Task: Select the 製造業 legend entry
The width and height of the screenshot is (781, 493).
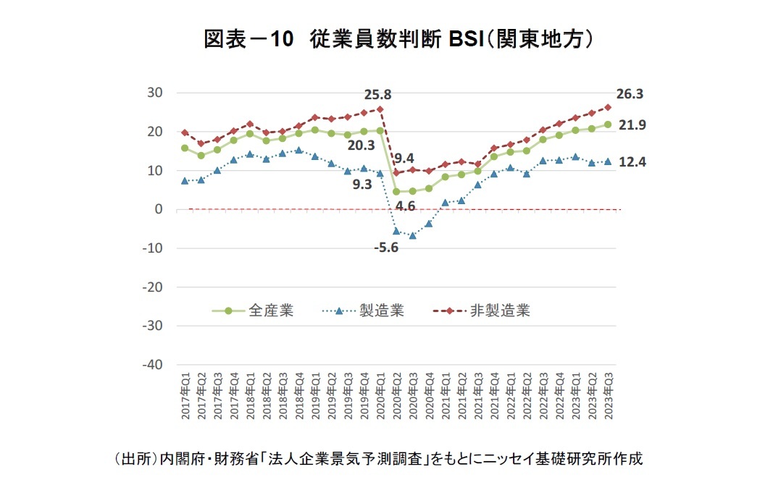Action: [381, 311]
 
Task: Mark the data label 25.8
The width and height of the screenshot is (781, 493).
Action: [377, 94]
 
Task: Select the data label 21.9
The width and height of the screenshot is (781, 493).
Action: [632, 125]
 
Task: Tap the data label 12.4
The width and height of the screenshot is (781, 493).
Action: [632, 162]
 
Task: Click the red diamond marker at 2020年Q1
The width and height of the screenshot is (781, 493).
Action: [380, 109]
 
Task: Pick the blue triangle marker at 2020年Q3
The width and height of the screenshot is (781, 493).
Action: [413, 235]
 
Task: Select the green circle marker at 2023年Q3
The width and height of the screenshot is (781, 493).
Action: [608, 125]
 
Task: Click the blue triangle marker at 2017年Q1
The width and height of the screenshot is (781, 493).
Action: [185, 180]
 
